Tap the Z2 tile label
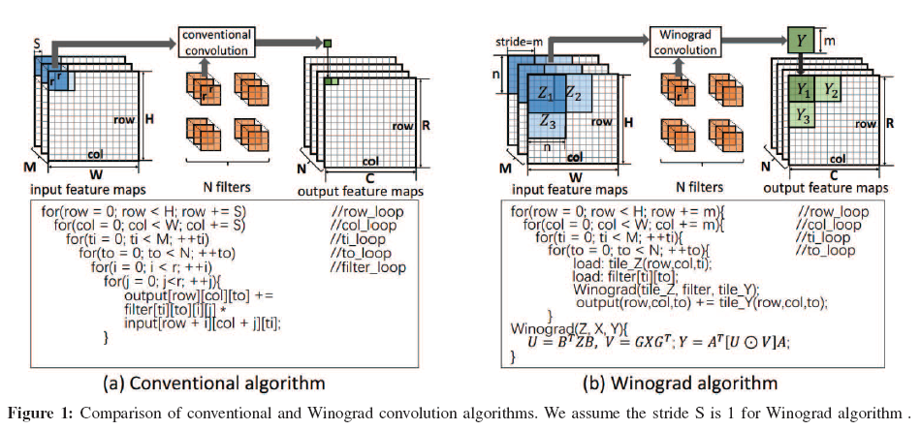click(574, 94)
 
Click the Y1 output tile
click(802, 90)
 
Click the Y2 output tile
click(831, 90)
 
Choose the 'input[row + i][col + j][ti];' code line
click(198, 322)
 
